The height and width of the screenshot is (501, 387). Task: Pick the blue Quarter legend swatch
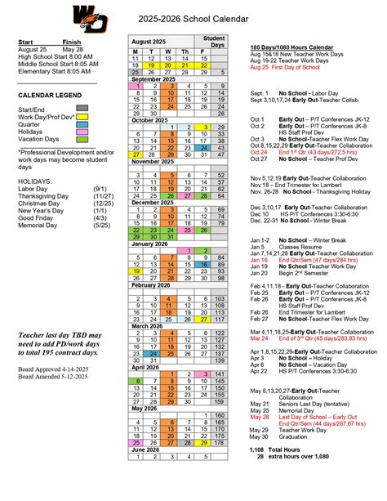(82, 124)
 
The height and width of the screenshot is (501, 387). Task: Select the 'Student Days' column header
(214, 40)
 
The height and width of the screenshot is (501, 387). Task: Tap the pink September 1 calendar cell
(139, 86)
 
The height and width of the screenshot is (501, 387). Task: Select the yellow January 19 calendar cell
(139, 270)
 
